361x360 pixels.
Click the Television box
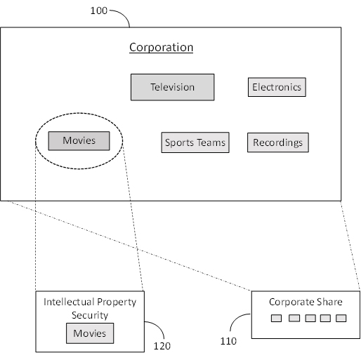coord(172,87)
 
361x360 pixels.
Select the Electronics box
coord(277,87)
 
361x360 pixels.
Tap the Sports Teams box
coord(195,142)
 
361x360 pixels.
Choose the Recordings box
coord(278,142)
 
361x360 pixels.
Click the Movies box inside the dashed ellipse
coord(79,141)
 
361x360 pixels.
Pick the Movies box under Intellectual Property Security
coord(90,333)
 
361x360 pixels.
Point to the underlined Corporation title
coord(161,47)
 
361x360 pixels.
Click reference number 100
coord(99,11)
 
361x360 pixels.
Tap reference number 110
coord(228,341)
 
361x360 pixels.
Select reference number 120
coord(162,346)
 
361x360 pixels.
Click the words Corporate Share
coord(306,302)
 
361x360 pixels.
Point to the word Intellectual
coord(67,302)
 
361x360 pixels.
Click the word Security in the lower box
coord(90,315)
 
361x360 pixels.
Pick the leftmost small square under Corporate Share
coord(276,318)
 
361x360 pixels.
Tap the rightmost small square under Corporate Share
coord(341,318)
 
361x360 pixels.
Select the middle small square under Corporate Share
coord(310,318)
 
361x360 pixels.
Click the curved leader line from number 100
coord(124,15)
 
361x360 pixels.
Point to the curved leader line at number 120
coord(159,327)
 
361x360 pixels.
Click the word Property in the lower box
coord(115,302)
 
